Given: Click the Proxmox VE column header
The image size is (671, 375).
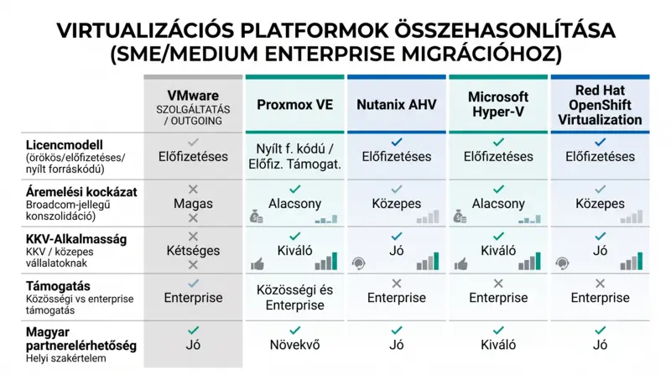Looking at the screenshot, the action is (295, 105).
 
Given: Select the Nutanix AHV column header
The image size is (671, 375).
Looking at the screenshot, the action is (397, 105).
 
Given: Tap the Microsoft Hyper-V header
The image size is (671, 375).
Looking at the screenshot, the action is (498, 104).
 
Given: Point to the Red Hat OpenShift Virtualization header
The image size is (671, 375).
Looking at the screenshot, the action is (600, 105).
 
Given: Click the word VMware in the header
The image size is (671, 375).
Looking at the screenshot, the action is (193, 95).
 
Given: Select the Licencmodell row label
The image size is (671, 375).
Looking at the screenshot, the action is (65, 144).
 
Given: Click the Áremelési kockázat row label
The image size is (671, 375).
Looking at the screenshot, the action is (81, 192).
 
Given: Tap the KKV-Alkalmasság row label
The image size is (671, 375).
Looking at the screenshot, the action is (76, 239).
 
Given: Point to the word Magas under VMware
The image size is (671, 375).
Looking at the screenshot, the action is (193, 204).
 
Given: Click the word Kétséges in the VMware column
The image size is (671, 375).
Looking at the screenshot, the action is (193, 251).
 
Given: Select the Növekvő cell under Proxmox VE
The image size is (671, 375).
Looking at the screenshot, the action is (295, 345).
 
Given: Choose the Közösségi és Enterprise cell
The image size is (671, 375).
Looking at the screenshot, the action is (295, 298).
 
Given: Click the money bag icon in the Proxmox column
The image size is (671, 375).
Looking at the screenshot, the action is (257, 217).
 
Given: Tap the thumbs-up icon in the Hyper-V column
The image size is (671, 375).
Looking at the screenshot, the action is (460, 264).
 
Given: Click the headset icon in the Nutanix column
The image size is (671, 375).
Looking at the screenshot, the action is (359, 263).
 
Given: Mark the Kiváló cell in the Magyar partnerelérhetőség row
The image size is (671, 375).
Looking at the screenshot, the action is (498, 345).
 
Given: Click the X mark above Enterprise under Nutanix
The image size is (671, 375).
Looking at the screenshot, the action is (397, 284).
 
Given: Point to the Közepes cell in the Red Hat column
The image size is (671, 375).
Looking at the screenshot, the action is (600, 204).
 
